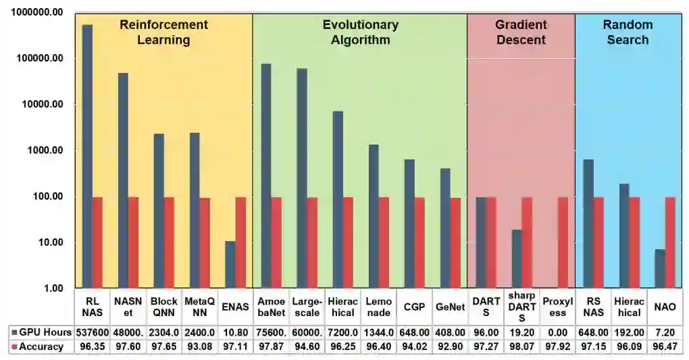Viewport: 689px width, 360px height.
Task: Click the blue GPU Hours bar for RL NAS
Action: [87, 156]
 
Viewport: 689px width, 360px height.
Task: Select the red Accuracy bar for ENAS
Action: [240, 242]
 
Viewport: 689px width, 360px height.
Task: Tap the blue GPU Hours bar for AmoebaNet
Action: [266, 176]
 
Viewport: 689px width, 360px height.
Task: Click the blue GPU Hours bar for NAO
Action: [660, 269]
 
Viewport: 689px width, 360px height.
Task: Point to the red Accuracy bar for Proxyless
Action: [563, 242]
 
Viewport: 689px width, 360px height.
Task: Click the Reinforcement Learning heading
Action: [163, 32]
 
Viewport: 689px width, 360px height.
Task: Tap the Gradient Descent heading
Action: [520, 32]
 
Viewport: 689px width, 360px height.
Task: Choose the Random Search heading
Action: [628, 32]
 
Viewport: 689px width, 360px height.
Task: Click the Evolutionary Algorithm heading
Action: [360, 32]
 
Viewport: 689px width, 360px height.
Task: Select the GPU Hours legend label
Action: [45, 332]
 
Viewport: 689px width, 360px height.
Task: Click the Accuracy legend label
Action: [41, 346]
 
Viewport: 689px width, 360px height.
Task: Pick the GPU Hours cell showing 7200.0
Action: [342, 332]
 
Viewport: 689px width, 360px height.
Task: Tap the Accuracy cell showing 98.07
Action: [521, 346]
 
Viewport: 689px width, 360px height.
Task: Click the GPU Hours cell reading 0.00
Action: [557, 332]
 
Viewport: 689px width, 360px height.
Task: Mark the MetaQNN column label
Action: [199, 307]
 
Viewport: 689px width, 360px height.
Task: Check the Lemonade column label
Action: [378, 307]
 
